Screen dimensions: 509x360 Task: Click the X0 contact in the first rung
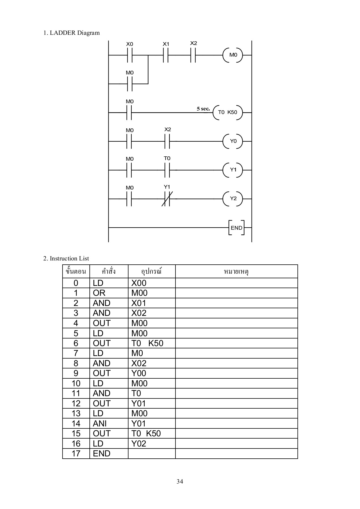[x=130, y=55]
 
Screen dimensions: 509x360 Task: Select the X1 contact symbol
[x=166, y=55]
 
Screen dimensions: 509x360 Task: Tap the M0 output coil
[x=233, y=55]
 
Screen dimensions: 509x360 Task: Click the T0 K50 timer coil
[x=228, y=112]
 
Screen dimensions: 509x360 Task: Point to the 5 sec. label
[x=203, y=109]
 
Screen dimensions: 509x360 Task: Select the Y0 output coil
[x=233, y=141]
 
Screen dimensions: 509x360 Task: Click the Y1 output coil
[x=233, y=170]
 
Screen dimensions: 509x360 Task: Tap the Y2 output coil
[x=233, y=199]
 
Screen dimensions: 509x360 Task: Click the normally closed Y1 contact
[x=167, y=199]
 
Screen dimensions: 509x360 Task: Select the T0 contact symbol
[x=167, y=170]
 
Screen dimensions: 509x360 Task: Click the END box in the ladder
[x=236, y=228]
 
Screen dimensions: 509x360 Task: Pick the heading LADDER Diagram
[x=71, y=33]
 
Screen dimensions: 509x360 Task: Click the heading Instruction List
[x=66, y=258]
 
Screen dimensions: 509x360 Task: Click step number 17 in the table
[x=76, y=454]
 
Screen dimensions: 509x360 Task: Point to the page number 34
[x=180, y=482]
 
